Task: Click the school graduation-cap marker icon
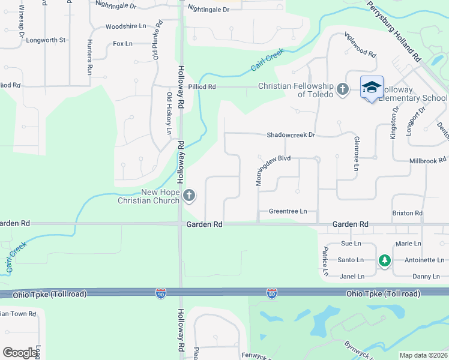tap(372, 88)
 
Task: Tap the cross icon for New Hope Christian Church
tap(189, 195)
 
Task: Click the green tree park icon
tap(384, 260)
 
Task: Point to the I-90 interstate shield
tap(160, 293)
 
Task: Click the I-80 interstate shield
tap(272, 293)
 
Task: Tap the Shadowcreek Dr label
tap(291, 135)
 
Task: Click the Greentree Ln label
tap(288, 211)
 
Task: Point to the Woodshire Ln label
tap(125, 26)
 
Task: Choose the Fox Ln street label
tap(122, 44)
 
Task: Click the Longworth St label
tap(46, 40)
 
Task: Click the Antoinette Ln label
tap(424, 260)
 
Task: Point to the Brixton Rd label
tap(407, 213)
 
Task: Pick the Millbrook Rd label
tap(427, 160)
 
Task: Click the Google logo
tap(20, 353)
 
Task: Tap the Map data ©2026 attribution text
tap(423, 355)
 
